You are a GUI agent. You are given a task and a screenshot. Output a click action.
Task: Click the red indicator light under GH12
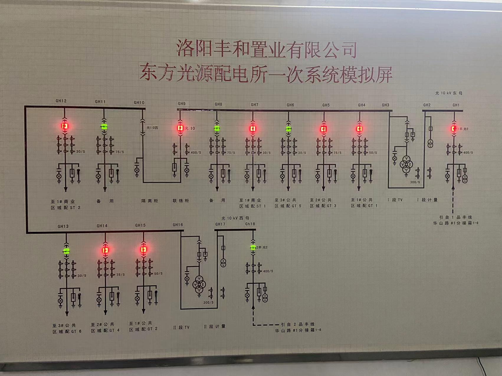(x=65, y=126)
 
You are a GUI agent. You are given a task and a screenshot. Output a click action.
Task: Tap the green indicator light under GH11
(x=104, y=127)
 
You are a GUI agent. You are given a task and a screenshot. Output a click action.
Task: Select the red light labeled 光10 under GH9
(x=180, y=128)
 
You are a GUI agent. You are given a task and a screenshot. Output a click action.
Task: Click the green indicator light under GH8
(x=217, y=128)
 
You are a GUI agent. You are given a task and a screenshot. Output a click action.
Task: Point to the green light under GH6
(x=288, y=129)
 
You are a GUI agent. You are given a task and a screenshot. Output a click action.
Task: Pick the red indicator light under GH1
(x=454, y=129)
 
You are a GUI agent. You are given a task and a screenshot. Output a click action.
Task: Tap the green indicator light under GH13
(x=66, y=251)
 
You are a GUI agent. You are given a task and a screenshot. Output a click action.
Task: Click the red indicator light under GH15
(x=143, y=250)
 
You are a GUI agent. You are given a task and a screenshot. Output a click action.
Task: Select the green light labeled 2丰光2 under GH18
(x=253, y=247)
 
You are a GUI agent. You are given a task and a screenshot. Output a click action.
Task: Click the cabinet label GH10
(x=139, y=103)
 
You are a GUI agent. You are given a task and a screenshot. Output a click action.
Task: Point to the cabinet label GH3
(x=385, y=105)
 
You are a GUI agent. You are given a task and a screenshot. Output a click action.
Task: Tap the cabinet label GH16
(x=178, y=225)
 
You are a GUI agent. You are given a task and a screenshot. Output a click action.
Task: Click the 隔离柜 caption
(x=150, y=201)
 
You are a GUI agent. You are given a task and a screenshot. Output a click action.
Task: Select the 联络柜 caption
(x=181, y=201)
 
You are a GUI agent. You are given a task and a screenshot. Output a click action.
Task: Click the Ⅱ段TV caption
(x=181, y=327)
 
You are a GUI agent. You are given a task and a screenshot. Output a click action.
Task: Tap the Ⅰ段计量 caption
(x=427, y=200)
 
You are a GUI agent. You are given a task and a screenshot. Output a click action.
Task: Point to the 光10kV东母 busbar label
(x=449, y=93)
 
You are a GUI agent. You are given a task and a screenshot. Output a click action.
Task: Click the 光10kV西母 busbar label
(x=235, y=218)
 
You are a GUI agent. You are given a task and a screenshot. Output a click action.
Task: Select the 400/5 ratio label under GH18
(x=268, y=271)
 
